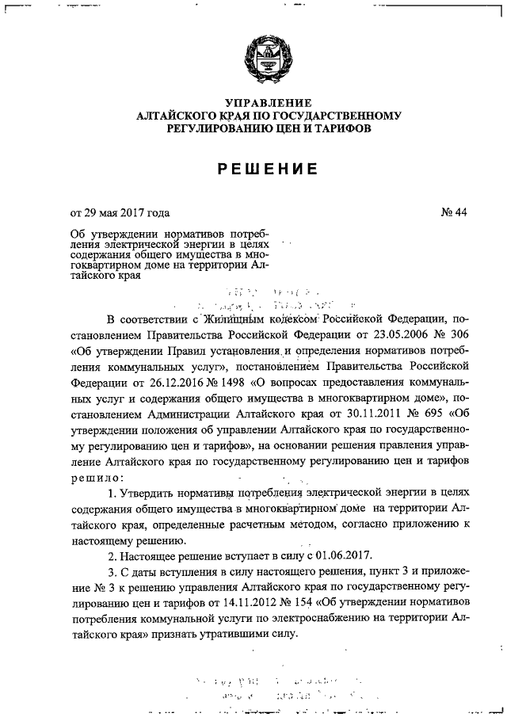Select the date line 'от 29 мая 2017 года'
(120, 212)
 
